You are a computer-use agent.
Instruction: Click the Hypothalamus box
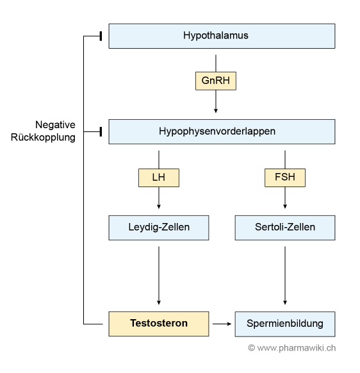(222, 36)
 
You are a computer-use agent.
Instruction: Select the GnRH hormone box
(216, 81)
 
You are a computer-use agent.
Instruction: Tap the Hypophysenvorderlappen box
(222, 131)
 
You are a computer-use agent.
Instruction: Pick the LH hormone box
(159, 178)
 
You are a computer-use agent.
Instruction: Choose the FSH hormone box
(285, 178)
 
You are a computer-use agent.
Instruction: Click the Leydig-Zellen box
(159, 228)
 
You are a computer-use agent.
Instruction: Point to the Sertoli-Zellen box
(285, 228)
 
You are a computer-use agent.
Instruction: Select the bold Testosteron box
(159, 324)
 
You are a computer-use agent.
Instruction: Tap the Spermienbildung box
(285, 324)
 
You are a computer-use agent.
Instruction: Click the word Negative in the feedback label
(55, 124)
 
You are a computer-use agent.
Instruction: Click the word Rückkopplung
(43, 138)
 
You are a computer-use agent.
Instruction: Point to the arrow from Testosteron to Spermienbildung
(222, 324)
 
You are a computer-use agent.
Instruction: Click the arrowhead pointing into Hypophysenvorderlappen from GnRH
(216, 111)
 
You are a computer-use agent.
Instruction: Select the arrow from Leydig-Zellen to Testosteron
(159, 276)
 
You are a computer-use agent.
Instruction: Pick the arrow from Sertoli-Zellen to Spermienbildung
(285, 276)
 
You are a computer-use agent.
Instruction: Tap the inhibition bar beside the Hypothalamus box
(101, 36)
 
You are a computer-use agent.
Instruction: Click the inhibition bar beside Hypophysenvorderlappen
(101, 131)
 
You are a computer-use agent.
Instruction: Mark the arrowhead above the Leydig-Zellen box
(159, 206)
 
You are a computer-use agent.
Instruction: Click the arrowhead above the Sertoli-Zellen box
(285, 206)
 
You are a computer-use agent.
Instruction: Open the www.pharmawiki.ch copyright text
(291, 348)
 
